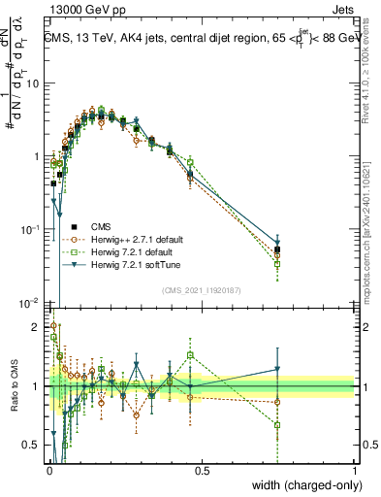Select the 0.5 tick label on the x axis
pyautogui.click(x=202, y=471)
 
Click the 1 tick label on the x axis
pyautogui.click(x=354, y=471)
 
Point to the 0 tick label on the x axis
pyautogui.click(x=49, y=471)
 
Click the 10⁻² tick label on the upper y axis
pyautogui.click(x=30, y=302)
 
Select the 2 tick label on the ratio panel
pyautogui.click(x=36, y=327)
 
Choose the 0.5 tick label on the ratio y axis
pyautogui.click(x=31, y=446)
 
